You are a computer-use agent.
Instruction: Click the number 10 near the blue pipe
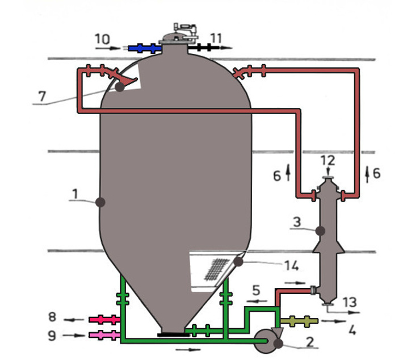tap(102, 39)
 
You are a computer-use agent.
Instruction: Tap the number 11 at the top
tap(216, 39)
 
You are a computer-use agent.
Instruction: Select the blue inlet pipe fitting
tap(145, 48)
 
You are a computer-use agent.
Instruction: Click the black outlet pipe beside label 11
tap(204, 48)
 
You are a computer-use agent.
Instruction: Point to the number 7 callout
tap(42, 96)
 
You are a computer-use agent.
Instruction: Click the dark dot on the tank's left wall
tap(100, 202)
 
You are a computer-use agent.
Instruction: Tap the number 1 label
tap(75, 194)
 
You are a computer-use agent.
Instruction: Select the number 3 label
tap(297, 222)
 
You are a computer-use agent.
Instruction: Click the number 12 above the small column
tap(328, 160)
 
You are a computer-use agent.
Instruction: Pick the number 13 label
tap(350, 302)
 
